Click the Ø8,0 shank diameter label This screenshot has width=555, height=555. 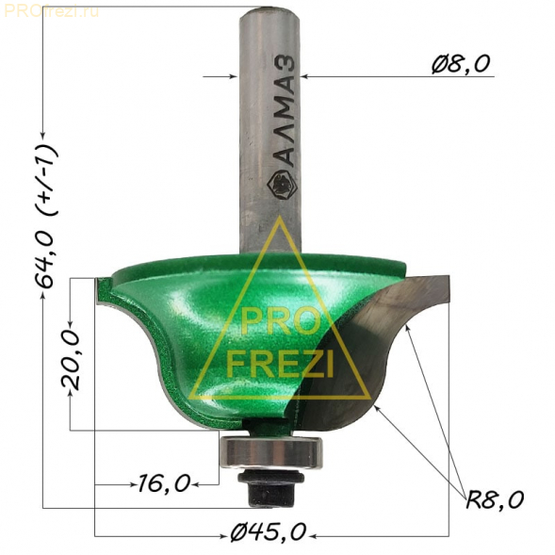coord(461,64)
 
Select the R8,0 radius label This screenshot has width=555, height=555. coord(495,499)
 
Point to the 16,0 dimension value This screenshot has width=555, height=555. coord(164,483)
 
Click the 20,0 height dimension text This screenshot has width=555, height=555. coord(71,359)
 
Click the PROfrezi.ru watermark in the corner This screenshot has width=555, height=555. coord(51,11)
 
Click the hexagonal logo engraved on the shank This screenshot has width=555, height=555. coord(282,185)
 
